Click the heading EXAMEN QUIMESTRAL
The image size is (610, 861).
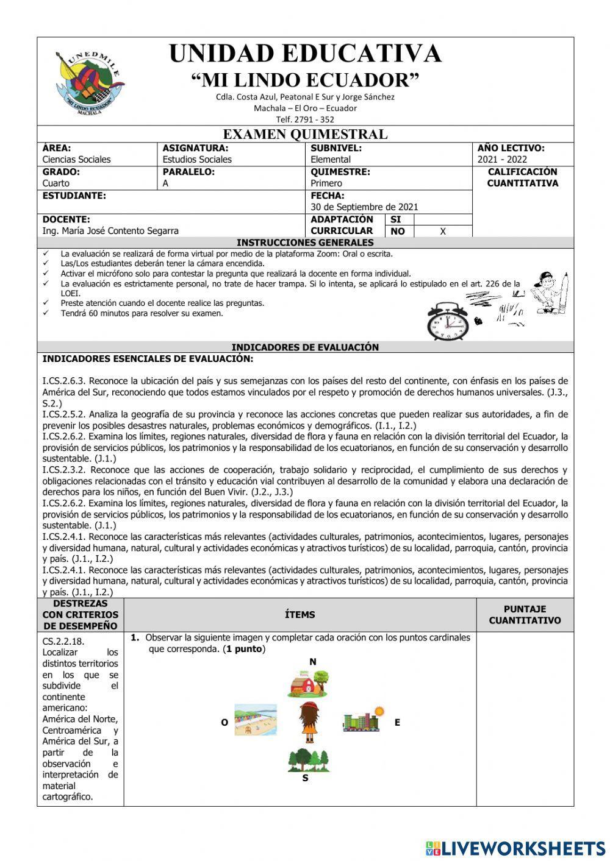(x=305, y=134)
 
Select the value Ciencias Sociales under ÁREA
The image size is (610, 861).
(x=77, y=160)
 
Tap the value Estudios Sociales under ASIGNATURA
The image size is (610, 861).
(x=197, y=160)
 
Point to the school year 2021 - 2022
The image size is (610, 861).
(x=502, y=160)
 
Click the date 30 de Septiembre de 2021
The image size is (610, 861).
(x=364, y=207)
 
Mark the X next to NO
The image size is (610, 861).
(x=443, y=232)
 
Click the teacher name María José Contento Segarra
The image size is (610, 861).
(x=110, y=231)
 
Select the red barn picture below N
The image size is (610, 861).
(x=308, y=684)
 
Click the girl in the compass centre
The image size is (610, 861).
(x=309, y=721)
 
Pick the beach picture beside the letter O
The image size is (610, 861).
(x=256, y=720)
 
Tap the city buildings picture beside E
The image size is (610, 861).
(x=364, y=720)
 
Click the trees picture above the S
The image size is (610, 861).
(x=308, y=760)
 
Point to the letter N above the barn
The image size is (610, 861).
(x=313, y=662)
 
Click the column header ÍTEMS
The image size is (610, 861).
(x=300, y=615)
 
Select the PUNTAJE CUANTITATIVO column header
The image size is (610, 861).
(x=525, y=615)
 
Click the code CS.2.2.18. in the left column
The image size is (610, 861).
(x=63, y=642)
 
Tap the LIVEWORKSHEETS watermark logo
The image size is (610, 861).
(x=515, y=848)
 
